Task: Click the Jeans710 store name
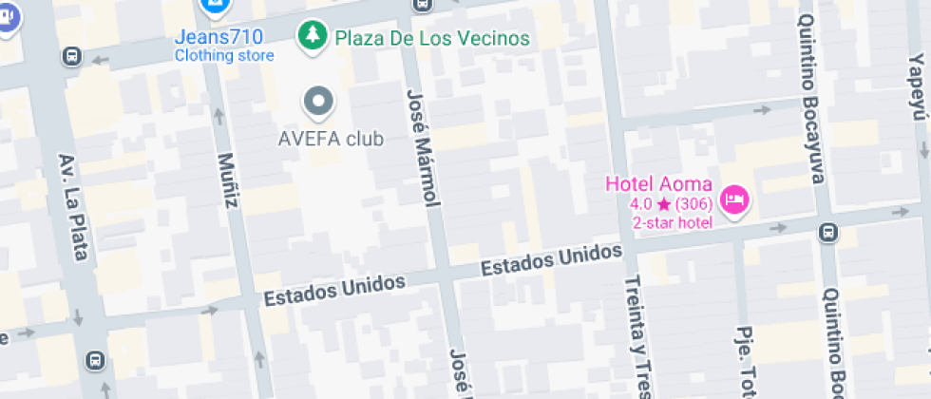218,38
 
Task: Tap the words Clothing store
223,56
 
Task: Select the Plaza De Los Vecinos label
430,39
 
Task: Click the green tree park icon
311,37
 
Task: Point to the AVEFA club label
331,140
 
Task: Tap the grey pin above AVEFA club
318,101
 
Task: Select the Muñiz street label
228,180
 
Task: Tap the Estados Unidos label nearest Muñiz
334,289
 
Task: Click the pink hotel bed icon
734,199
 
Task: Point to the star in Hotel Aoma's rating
663,204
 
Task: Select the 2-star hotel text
672,222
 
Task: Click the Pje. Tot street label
745,361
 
